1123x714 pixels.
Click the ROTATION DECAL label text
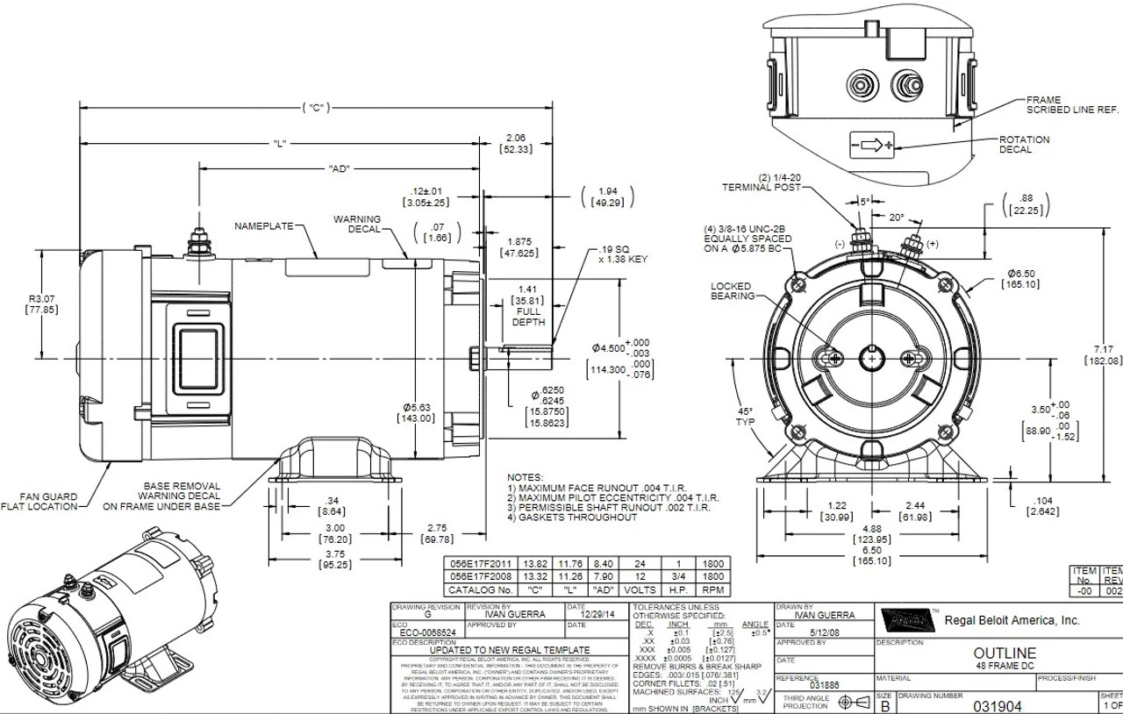[1024, 145]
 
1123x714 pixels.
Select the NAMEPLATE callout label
[263, 226]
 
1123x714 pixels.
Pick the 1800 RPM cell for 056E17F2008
[713, 577]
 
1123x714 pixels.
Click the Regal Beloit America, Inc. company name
[1012, 620]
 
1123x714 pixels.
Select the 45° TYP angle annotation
[746, 417]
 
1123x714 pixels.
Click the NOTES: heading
[526, 477]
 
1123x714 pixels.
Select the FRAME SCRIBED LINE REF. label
[1072, 105]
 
